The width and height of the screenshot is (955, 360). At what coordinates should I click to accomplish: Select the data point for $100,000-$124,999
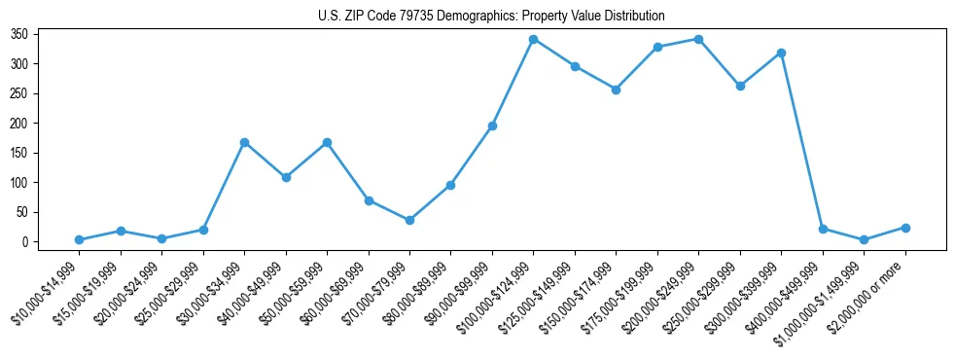point(534,39)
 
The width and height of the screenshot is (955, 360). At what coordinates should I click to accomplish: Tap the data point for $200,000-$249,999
point(698,39)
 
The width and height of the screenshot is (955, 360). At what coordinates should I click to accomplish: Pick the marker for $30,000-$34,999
point(244,142)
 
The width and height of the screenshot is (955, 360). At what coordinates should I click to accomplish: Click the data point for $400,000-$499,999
point(823,229)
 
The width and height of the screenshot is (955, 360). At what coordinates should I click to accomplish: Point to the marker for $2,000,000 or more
point(905,228)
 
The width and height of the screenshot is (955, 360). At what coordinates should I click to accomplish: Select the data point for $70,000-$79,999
point(409,220)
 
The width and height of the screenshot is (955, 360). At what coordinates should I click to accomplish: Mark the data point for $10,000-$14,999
point(79,239)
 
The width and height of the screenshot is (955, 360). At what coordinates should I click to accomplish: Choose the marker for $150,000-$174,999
point(616,89)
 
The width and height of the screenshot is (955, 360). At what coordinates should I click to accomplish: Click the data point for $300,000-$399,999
point(781,53)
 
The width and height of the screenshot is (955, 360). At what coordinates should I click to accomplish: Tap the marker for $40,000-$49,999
point(286,177)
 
